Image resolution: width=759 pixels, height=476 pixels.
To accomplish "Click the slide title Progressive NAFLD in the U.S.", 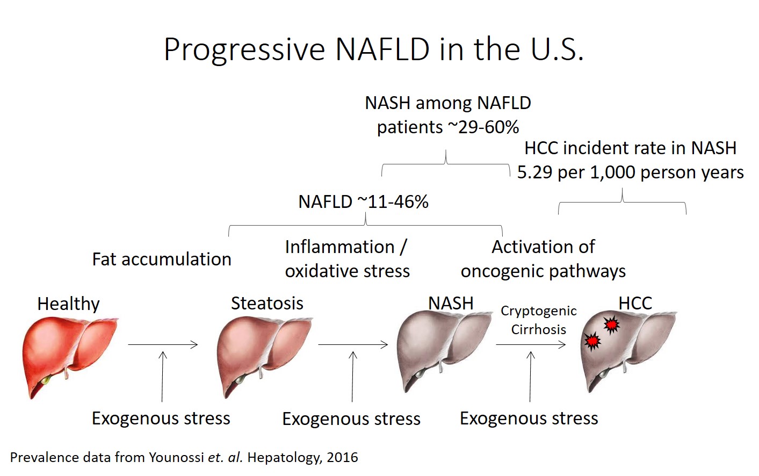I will click(373, 49).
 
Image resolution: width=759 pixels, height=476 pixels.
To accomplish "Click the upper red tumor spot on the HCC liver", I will click(611, 324).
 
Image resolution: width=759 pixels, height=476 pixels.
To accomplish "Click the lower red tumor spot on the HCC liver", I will click(592, 341).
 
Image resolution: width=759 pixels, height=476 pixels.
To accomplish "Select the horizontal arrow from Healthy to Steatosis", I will click(163, 344).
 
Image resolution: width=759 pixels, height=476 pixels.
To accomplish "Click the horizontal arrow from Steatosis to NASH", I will click(352, 344).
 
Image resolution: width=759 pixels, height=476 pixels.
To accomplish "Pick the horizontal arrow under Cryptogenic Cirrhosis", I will click(530, 344).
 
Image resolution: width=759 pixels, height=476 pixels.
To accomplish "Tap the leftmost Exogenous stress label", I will click(161, 418).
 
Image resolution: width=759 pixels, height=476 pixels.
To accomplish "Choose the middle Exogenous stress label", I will click(351, 419).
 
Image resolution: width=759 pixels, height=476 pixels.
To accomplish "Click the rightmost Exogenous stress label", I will click(529, 418).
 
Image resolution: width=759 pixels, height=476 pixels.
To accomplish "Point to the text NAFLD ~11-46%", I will click(363, 202).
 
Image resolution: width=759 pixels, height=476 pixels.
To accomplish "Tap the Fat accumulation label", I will click(161, 259).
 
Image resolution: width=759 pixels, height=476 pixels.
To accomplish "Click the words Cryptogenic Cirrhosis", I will click(538, 320).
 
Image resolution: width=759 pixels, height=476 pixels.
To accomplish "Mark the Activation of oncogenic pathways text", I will click(543, 259).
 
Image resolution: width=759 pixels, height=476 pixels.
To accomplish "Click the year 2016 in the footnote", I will click(342, 457).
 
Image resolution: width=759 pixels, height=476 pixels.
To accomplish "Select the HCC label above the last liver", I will click(635, 303).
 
